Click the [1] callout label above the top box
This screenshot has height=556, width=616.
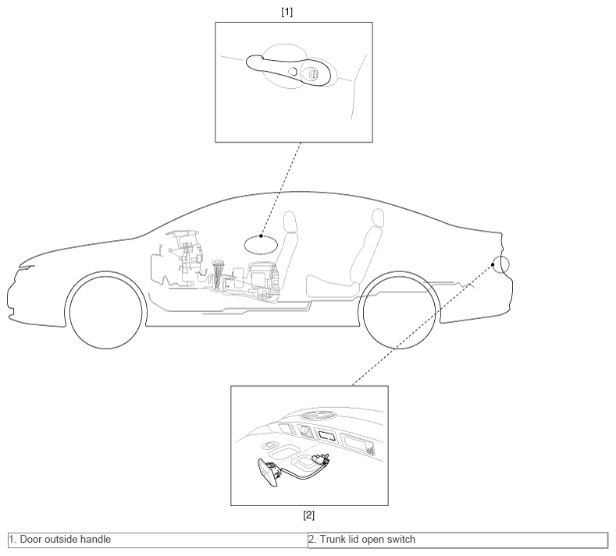(x=287, y=12)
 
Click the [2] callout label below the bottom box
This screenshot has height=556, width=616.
(x=309, y=515)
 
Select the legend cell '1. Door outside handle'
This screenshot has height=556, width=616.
(x=158, y=540)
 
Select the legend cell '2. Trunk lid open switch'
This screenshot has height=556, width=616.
(x=458, y=540)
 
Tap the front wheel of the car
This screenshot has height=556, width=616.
(x=105, y=312)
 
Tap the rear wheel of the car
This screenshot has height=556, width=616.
(x=400, y=312)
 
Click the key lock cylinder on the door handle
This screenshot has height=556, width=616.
(x=313, y=73)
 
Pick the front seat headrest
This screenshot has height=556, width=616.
(x=290, y=221)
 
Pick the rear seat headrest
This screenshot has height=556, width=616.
(x=378, y=218)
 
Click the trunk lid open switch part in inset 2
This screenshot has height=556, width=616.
(x=269, y=473)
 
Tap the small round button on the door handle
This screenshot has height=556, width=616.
(x=292, y=71)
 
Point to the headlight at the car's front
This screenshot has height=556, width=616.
(x=27, y=268)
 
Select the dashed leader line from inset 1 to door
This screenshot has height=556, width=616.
(x=281, y=189)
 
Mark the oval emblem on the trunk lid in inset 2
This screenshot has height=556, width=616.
(x=319, y=415)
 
